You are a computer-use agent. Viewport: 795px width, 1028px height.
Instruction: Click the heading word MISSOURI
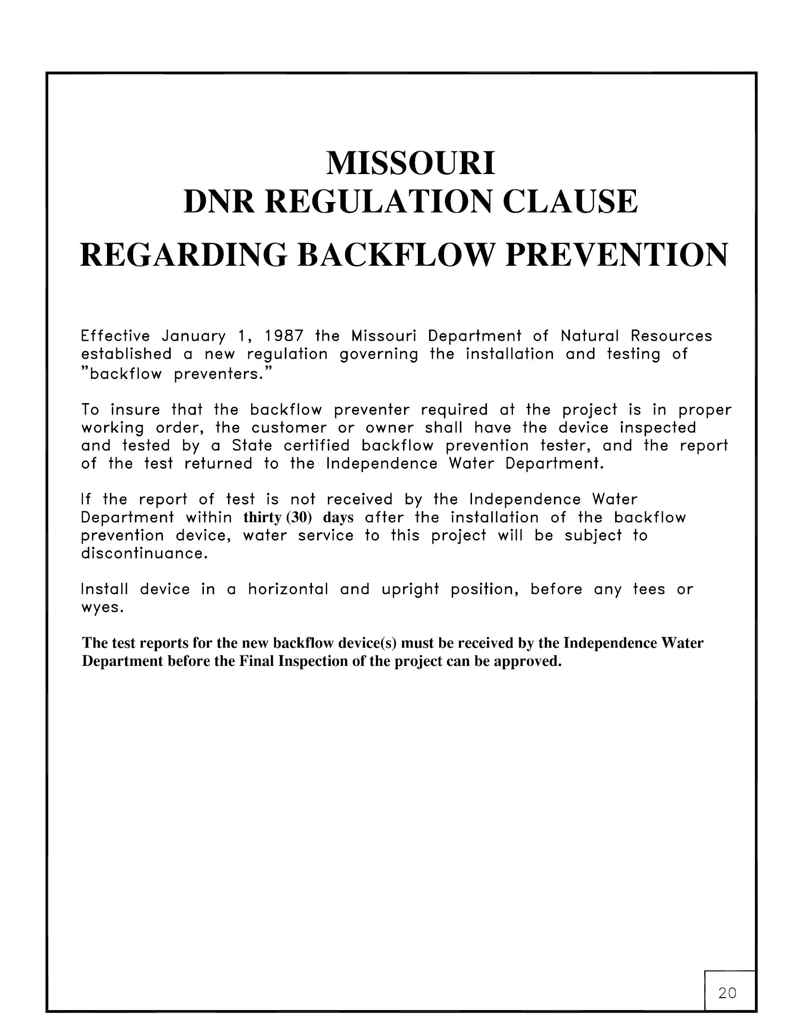pos(410,164)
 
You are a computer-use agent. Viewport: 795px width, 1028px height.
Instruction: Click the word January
pos(194,336)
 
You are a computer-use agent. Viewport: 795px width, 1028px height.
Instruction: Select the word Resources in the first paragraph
pos(671,336)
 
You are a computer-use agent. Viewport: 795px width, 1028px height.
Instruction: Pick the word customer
pos(289,428)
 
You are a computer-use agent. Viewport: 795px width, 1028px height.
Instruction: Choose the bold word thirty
pos(263,518)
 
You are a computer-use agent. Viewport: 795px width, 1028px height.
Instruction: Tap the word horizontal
pos(288,589)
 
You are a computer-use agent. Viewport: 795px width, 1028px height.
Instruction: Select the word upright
pos(410,590)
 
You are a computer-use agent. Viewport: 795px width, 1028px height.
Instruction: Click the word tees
pos(649,589)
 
